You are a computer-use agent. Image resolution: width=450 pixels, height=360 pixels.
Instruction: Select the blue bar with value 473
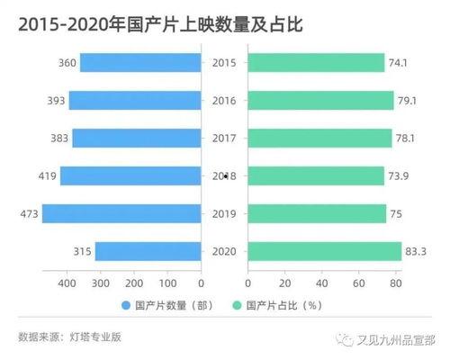tap(121, 213)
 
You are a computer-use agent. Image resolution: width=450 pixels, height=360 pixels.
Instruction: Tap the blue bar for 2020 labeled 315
tap(148, 251)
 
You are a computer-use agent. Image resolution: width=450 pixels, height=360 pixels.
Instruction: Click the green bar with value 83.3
tap(324, 251)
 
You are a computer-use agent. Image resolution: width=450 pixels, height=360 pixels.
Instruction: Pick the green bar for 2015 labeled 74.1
tap(316, 62)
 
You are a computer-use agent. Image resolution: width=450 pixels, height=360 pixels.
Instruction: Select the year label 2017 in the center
tap(223, 138)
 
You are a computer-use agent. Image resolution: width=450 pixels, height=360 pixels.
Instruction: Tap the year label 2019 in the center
tap(223, 213)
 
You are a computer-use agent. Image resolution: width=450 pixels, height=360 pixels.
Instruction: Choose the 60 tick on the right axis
tap(358, 282)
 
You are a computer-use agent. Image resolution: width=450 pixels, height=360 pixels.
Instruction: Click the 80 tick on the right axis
tap(394, 282)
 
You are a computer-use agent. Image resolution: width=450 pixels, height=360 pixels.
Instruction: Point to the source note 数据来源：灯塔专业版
tap(69, 337)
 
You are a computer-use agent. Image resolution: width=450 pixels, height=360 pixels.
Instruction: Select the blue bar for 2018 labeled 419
tap(130, 175)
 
